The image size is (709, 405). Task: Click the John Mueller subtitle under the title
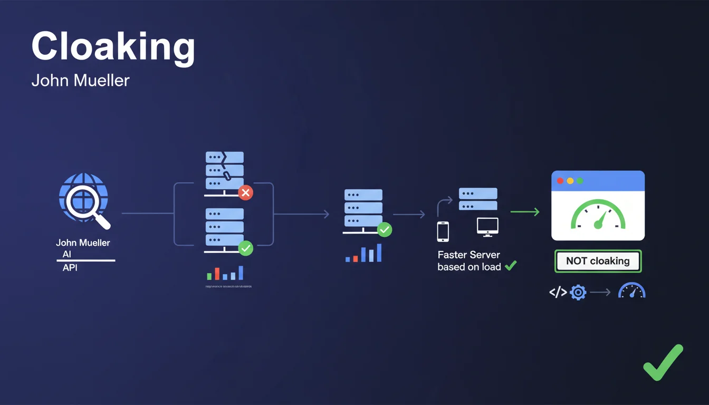[x=80, y=81]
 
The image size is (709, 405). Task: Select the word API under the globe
[x=70, y=267]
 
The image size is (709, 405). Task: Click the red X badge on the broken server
[x=245, y=192]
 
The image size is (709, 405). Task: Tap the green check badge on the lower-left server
[x=245, y=248]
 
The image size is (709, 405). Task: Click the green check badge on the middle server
[x=385, y=229]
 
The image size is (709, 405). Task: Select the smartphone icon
[x=443, y=232]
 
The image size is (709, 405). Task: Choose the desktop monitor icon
[x=487, y=226]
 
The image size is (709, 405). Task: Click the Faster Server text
[x=468, y=255]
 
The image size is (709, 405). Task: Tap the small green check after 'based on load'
[x=510, y=266]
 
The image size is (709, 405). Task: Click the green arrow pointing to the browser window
[x=525, y=212]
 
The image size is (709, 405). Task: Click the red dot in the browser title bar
[x=560, y=181]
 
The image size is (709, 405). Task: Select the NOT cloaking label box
[x=598, y=261]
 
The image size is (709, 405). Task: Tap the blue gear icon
[x=578, y=292]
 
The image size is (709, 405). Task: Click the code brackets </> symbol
[x=558, y=292]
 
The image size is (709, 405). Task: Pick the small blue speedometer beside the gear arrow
[x=631, y=291]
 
